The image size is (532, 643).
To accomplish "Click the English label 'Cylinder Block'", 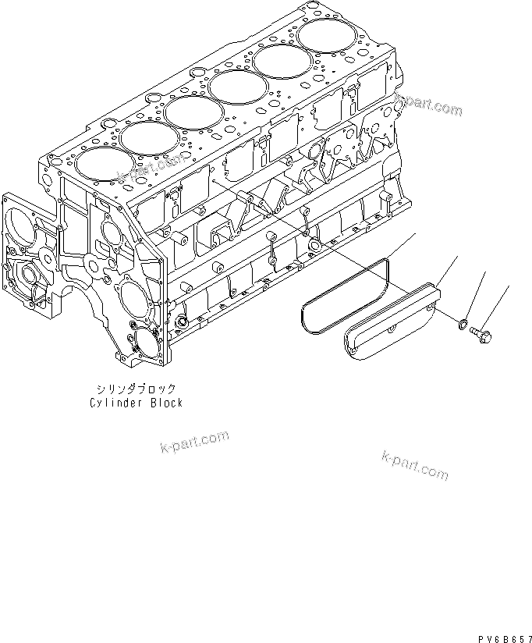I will (135, 403).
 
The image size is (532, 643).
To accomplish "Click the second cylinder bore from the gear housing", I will (148, 139).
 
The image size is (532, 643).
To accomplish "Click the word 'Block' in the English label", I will (165, 403).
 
